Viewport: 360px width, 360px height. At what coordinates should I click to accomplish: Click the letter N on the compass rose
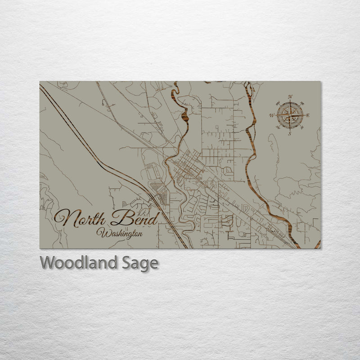point(290,97)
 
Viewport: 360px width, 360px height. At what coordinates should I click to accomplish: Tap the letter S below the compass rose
point(290,134)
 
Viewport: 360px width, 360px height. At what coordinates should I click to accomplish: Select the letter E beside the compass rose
point(308,116)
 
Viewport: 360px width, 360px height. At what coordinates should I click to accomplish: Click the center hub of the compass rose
point(290,115)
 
